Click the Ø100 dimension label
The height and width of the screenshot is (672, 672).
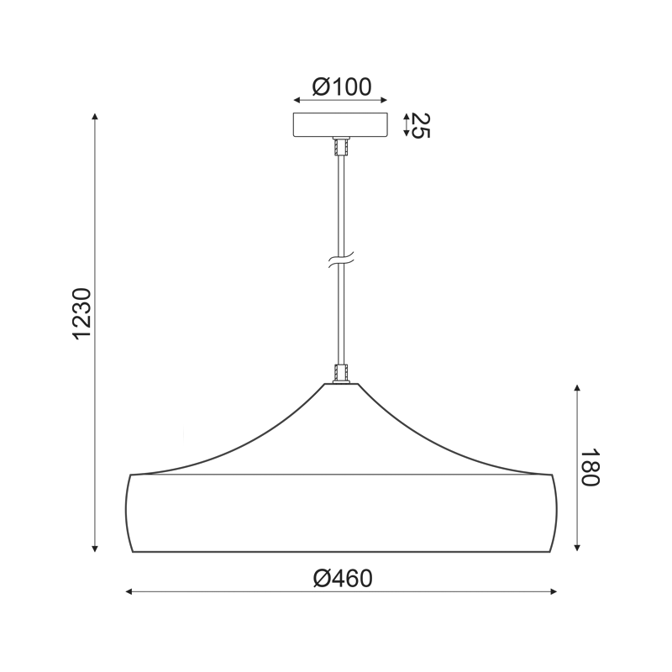pyautogui.click(x=342, y=87)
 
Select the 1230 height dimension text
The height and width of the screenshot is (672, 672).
pyautogui.click(x=81, y=314)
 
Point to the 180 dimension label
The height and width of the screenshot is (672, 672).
pyautogui.click(x=590, y=468)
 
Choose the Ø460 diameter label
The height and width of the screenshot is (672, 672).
pyautogui.click(x=343, y=579)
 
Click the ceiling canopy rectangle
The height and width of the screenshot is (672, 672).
pyautogui.click(x=340, y=124)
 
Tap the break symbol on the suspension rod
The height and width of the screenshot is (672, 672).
pyautogui.click(x=341, y=260)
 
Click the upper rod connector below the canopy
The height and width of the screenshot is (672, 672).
pyautogui.click(x=341, y=146)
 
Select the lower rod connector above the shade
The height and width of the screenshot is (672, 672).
pyautogui.click(x=341, y=373)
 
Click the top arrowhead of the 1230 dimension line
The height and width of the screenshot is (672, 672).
pyautogui.click(x=95, y=117)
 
